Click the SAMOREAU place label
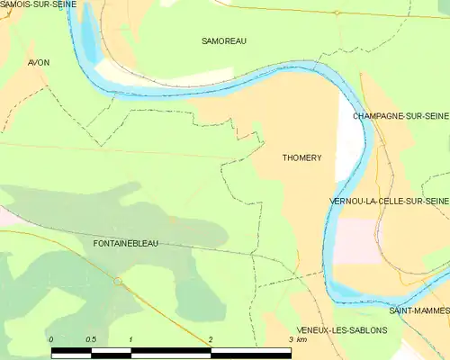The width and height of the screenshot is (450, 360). (224, 41)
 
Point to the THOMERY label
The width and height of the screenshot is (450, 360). (301, 157)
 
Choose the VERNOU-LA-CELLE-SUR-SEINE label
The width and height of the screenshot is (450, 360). (389, 201)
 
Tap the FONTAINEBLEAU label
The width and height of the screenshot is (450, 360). (132, 243)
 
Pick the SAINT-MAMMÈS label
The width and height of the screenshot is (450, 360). (418, 310)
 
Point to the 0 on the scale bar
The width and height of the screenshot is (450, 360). (52, 339)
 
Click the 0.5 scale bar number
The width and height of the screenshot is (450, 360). (91, 339)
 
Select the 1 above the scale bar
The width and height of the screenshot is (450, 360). (131, 339)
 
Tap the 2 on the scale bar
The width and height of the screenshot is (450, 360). (211, 339)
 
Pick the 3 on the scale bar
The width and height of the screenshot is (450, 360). (290, 339)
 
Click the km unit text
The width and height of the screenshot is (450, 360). (302, 339)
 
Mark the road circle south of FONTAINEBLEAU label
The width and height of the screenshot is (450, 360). (118, 282)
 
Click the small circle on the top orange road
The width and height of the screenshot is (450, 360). (336, 13)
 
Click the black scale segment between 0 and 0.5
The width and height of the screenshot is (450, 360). (71, 350)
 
